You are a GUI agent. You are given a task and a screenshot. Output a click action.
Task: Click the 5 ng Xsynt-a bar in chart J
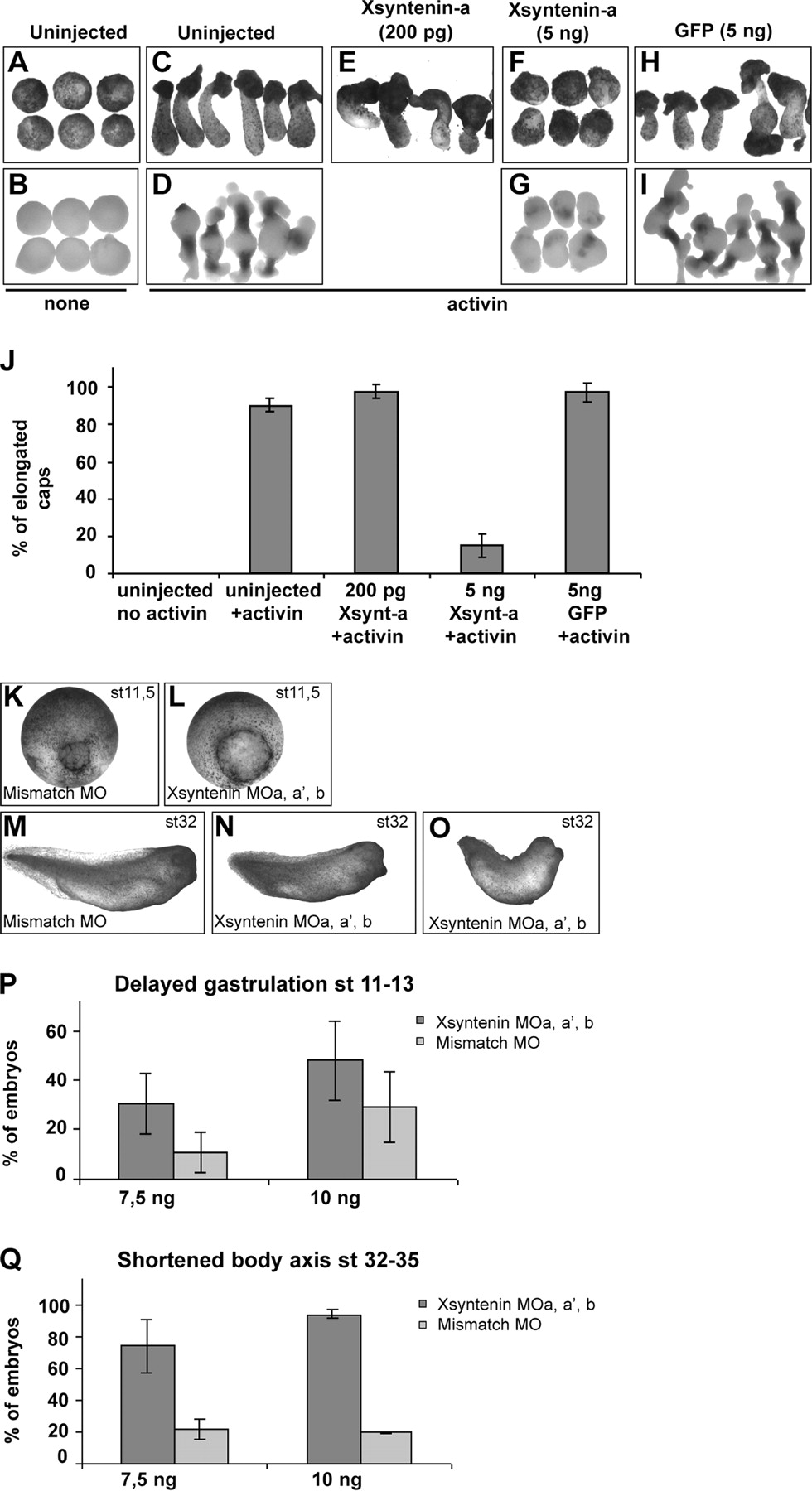481,559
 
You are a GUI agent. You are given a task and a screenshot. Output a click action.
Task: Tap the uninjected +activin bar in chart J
270,489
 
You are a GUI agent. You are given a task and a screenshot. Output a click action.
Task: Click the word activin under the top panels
476,304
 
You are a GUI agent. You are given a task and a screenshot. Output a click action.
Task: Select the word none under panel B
66,303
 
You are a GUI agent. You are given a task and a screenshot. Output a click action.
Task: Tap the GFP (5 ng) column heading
723,32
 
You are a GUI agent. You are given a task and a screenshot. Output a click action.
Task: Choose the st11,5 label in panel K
133,692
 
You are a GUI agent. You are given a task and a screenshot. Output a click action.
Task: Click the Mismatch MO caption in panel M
56,920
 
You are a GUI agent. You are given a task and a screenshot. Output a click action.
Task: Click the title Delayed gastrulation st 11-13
264,984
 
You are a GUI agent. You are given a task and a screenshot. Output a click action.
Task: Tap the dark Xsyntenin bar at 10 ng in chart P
335,1118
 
